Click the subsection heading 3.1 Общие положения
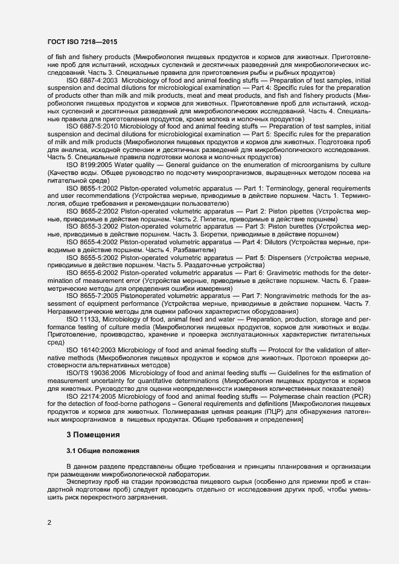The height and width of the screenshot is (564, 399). [x=103, y=451]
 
